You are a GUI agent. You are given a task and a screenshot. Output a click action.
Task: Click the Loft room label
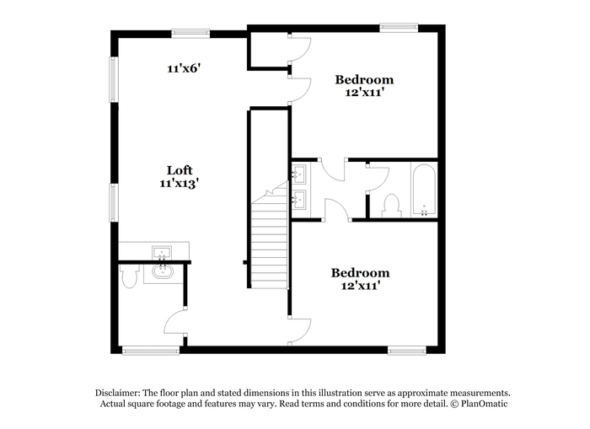(x=180, y=170)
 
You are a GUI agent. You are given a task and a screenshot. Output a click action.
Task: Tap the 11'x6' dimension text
(x=184, y=68)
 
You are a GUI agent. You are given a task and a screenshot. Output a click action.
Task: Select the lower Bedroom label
(x=360, y=273)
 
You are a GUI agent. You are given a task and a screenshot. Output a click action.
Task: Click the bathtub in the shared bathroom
(x=424, y=190)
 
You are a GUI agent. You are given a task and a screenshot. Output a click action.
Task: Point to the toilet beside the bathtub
(x=391, y=206)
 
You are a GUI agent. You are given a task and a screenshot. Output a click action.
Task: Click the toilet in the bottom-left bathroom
(x=129, y=276)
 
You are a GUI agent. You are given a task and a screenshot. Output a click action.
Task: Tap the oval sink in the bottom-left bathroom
(x=163, y=271)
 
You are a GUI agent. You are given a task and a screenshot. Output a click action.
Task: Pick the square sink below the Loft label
(x=162, y=253)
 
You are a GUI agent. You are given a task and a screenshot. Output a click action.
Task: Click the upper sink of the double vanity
(x=299, y=174)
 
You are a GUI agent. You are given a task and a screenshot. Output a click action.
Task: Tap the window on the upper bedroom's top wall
(x=399, y=27)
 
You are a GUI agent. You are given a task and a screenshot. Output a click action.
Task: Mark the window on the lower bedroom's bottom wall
(x=407, y=351)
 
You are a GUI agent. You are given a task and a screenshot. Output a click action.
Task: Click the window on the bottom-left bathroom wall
(x=151, y=351)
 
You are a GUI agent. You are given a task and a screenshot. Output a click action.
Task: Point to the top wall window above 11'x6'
(x=190, y=33)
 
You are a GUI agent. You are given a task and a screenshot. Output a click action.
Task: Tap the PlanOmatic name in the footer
(x=485, y=405)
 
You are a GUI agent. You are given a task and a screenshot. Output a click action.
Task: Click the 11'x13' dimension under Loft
(x=179, y=184)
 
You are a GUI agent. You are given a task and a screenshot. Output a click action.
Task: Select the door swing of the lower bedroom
(x=300, y=330)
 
